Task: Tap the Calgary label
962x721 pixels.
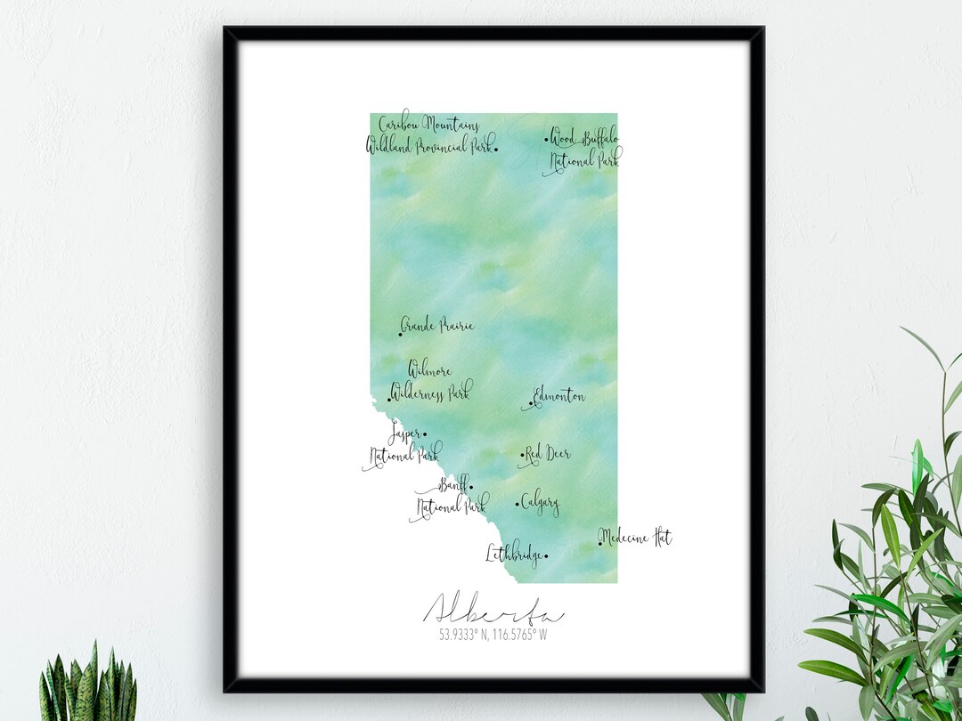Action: [x=541, y=504]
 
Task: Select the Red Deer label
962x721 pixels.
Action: [x=547, y=454]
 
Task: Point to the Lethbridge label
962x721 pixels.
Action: [x=513, y=555]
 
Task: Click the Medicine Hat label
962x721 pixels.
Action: [x=636, y=538]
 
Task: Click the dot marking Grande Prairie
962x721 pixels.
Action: [x=400, y=335]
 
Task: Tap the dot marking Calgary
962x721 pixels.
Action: [x=518, y=505]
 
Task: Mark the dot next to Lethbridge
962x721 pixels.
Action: [x=546, y=557]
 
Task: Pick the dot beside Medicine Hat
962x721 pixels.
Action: [x=600, y=542]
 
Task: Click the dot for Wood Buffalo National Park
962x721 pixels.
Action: [x=546, y=139]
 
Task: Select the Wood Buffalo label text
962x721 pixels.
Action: [x=584, y=138]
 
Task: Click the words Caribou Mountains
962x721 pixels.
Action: [x=429, y=125]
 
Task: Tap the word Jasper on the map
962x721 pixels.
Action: [x=404, y=435]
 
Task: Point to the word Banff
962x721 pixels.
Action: [x=453, y=486]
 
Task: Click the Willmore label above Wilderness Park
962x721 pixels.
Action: [x=430, y=369]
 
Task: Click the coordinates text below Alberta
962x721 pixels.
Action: [x=493, y=636]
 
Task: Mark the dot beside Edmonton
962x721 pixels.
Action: [x=531, y=403]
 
